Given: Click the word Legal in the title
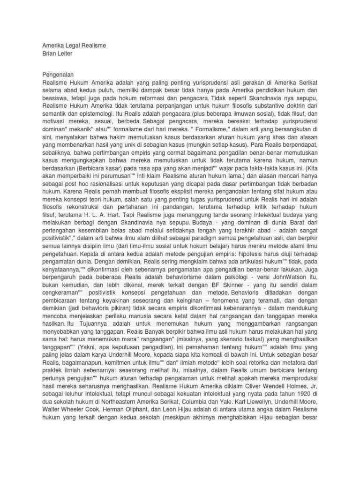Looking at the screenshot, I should click(x=72, y=46).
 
